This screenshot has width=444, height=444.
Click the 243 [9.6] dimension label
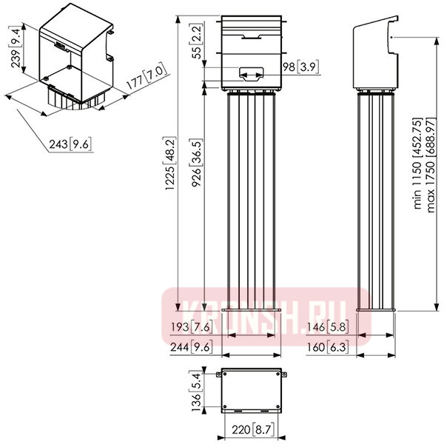coord(70,144)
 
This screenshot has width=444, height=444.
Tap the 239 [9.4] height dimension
coord(16,47)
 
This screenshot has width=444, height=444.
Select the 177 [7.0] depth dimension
coord(146,76)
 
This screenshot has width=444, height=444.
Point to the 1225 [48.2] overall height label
coord(169,163)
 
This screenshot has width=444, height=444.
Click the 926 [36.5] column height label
coord(196,163)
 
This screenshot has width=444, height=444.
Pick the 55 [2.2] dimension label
coord(197,41)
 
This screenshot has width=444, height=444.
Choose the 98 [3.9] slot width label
coord(300,67)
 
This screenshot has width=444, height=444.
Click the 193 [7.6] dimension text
coord(192,327)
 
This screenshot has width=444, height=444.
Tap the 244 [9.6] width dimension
coord(192,347)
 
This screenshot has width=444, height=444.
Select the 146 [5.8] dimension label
coord(327,327)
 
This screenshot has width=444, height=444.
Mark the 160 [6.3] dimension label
coord(328,347)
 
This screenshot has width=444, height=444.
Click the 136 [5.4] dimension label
coord(197,391)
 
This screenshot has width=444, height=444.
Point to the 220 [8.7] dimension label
coord(253,430)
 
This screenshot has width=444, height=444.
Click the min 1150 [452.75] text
coord(417,163)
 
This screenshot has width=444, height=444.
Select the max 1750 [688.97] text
coord(430,164)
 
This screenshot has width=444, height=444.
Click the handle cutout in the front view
coord(252,74)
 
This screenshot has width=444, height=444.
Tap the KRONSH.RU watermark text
coord(265,317)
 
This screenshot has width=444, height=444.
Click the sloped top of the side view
coord(375,22)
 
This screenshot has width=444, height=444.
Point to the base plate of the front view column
coord(252,310)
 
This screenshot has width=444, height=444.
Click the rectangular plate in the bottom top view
coord(252,390)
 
